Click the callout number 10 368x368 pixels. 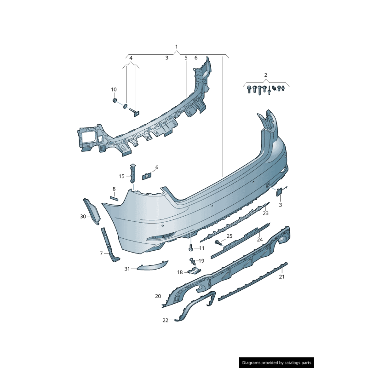[114, 89]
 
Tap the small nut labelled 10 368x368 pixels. [115, 100]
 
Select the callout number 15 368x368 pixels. [121, 176]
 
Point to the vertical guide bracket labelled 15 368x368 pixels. [133, 173]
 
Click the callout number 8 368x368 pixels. [114, 189]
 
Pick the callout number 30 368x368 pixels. [83, 216]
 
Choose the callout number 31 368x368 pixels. [127, 269]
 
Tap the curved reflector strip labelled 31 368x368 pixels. [153, 265]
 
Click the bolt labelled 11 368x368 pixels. [190, 247]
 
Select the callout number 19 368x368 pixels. [201, 261]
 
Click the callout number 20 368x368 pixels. [158, 296]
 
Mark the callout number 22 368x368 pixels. [166, 320]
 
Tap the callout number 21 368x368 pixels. [282, 277]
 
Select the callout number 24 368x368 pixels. [260, 239]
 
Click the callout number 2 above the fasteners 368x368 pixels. [266, 75]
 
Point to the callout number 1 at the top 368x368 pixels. [177, 47]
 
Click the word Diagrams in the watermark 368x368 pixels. [251, 363]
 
